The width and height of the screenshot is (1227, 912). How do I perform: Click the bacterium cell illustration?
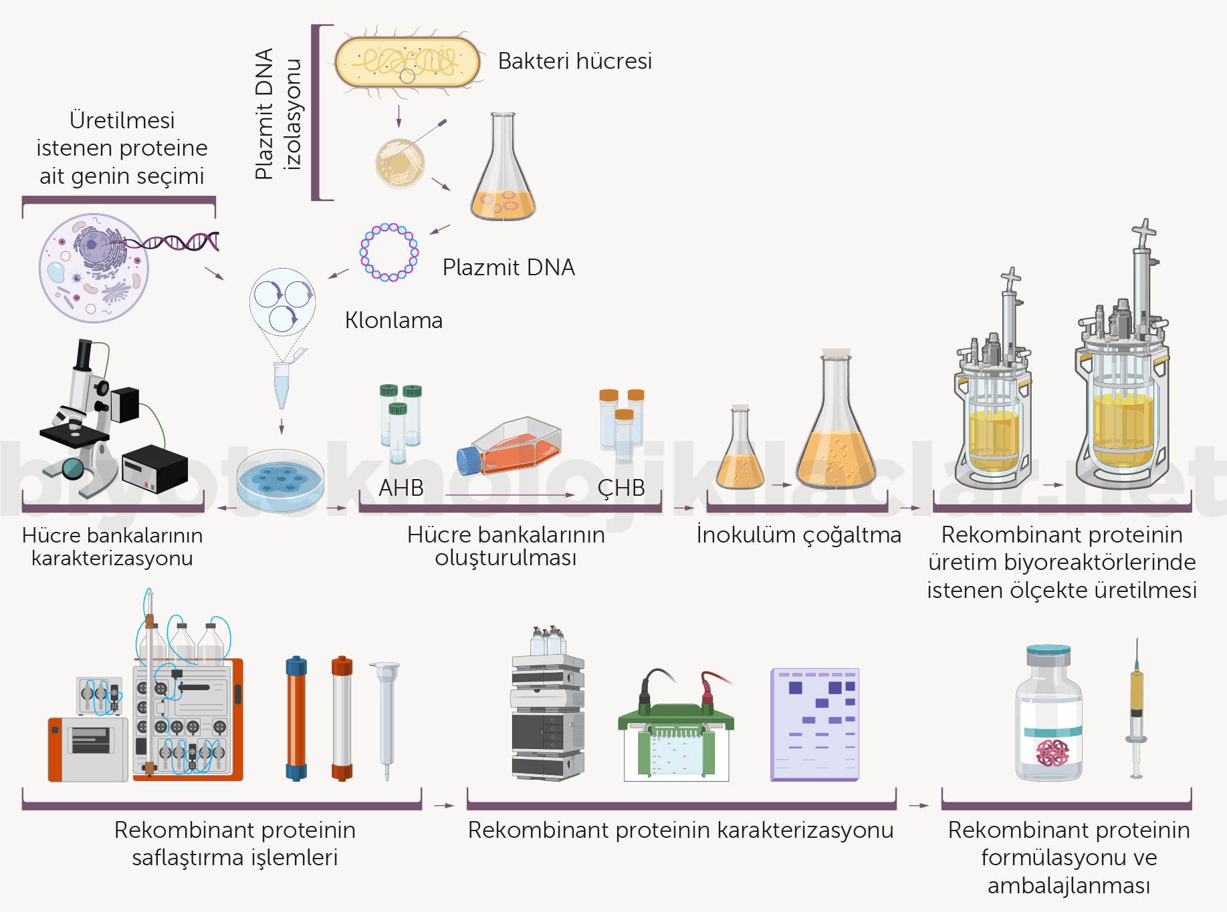click(x=407, y=62)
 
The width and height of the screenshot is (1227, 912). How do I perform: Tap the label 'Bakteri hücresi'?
click(x=574, y=61)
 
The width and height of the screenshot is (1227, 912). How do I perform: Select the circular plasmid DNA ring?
click(x=389, y=253)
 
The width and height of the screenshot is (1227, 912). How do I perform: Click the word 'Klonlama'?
click(x=393, y=321)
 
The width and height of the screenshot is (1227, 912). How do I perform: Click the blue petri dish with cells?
click(x=281, y=479)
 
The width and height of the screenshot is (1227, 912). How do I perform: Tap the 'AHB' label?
click(x=401, y=488)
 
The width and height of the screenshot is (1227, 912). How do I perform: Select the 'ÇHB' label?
click(x=621, y=488)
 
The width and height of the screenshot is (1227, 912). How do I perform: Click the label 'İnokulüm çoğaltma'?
click(x=798, y=535)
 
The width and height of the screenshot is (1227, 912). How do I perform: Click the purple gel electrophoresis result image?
click(x=814, y=724)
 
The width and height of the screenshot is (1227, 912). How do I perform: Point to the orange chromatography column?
click(x=296, y=718)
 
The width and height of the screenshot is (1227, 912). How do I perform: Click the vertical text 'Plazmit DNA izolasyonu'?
click(x=277, y=114)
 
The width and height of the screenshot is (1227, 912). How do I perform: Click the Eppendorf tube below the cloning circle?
click(x=282, y=384)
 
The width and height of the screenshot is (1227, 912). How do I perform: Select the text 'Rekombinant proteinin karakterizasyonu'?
click(x=680, y=830)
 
